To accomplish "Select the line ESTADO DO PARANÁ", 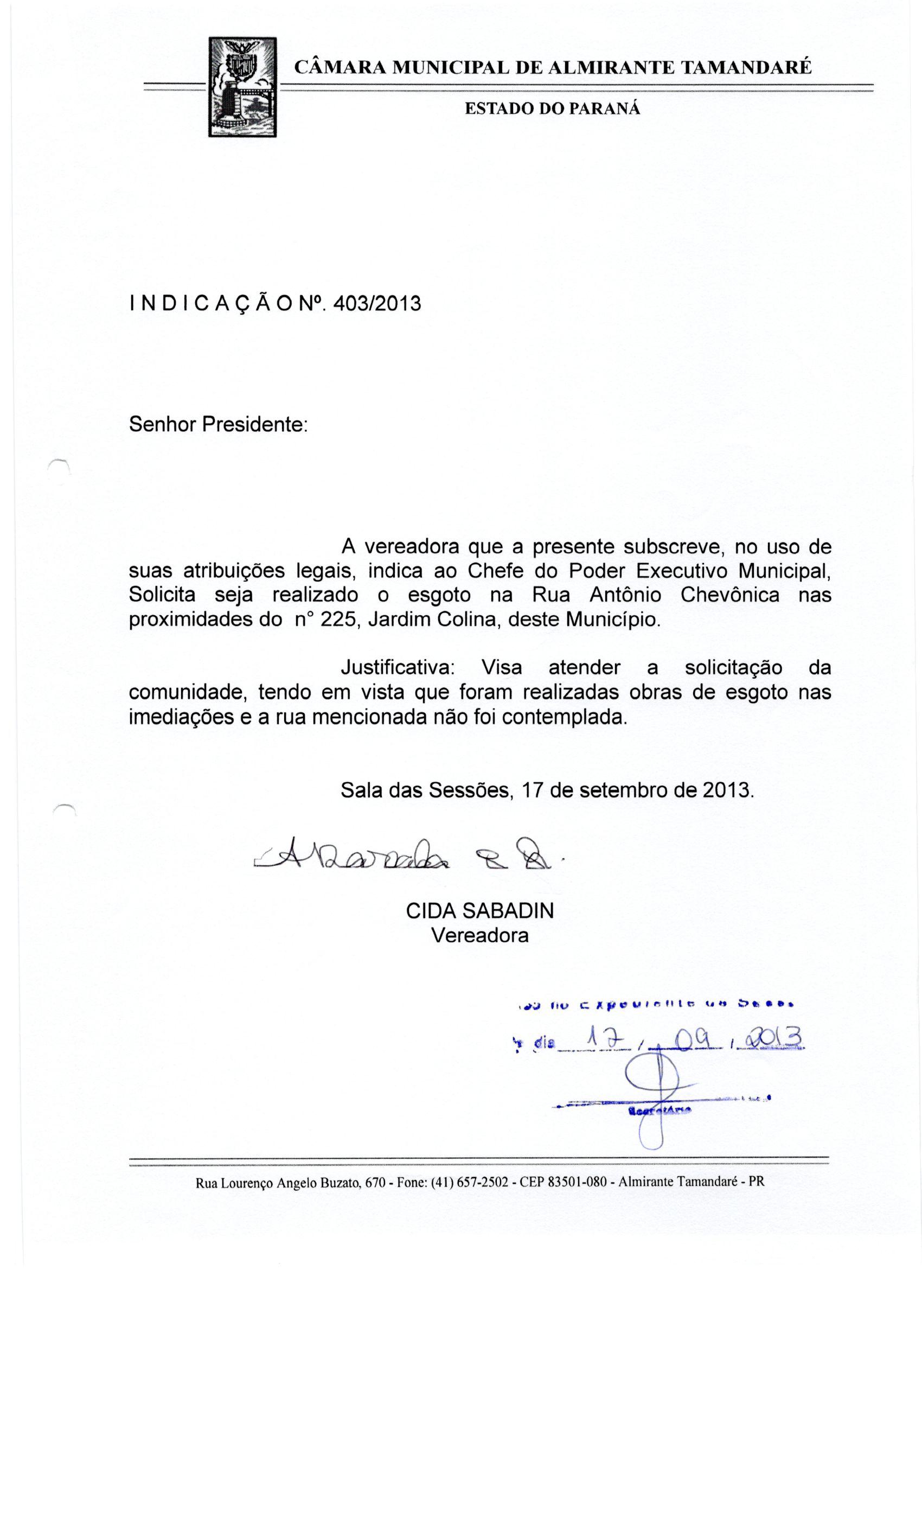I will pos(552,109).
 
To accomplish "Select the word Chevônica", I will pos(729,595).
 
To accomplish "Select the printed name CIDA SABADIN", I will pos(479,911).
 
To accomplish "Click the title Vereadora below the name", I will pos(479,935).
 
